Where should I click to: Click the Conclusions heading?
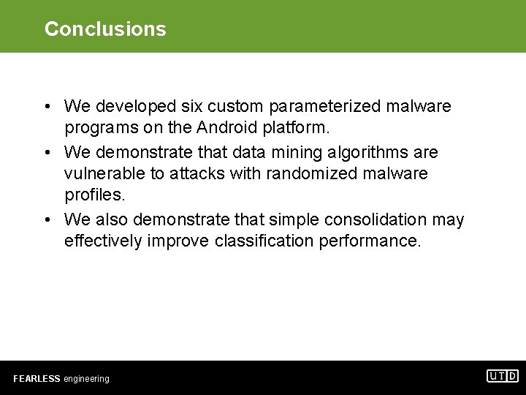click(105, 29)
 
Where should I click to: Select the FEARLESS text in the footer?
click(37, 379)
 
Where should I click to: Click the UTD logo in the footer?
click(503, 376)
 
